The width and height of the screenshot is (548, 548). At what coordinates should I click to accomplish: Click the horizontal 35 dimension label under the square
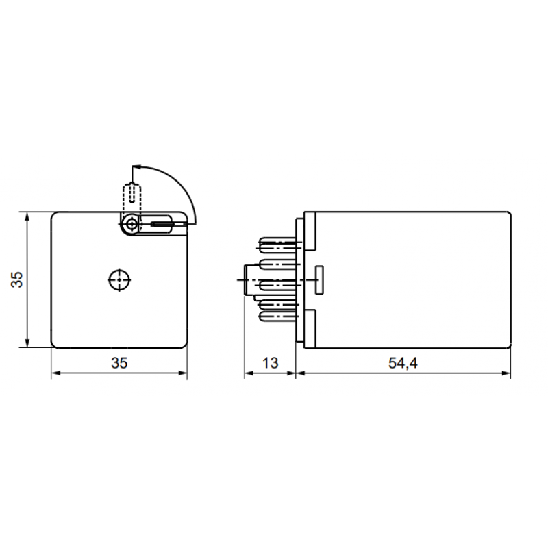pos(119,363)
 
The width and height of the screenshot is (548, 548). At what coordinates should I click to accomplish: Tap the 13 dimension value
pos(270,363)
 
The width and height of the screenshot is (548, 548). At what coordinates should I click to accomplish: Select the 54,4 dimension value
pos(403,363)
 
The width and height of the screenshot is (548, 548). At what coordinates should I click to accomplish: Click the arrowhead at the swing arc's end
pos(135,166)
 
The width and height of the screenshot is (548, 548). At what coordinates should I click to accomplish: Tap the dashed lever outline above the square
pos(130,196)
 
